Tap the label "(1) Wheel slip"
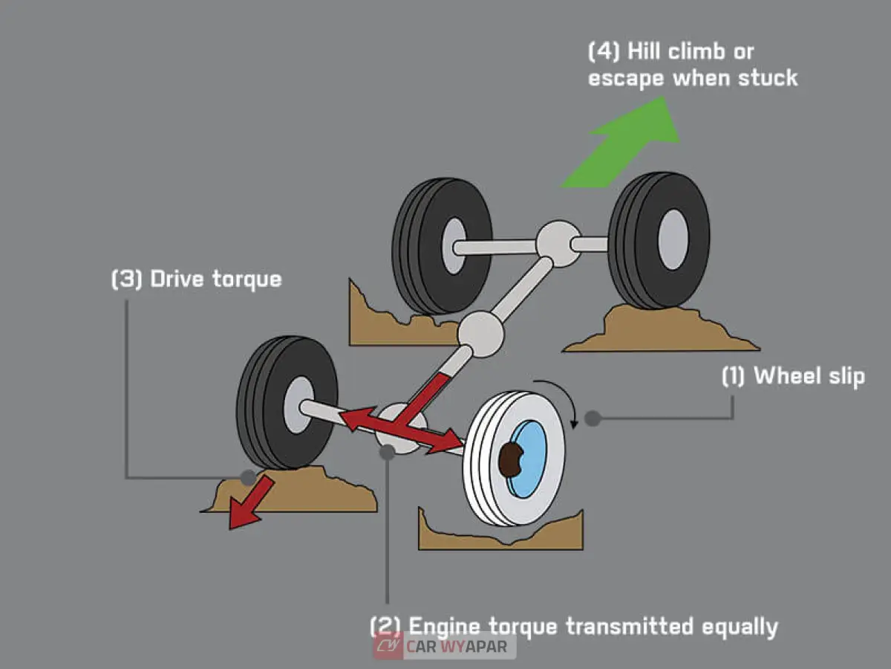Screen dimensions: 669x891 tap(793, 375)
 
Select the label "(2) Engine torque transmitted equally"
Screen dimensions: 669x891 tap(574, 626)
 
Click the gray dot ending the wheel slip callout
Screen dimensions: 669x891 tap(592, 418)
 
